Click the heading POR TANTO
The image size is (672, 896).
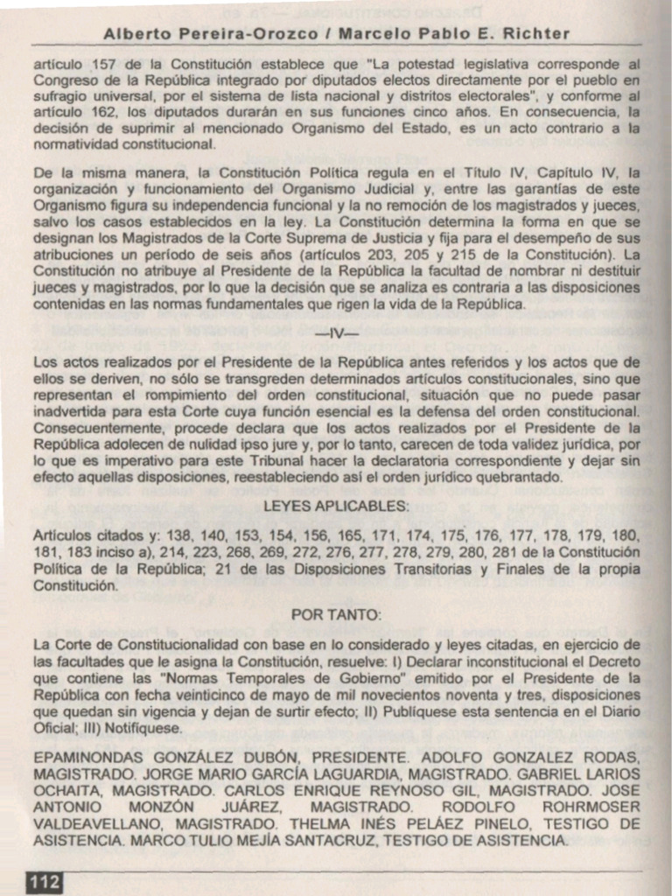337,615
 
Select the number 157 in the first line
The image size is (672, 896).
98,64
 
